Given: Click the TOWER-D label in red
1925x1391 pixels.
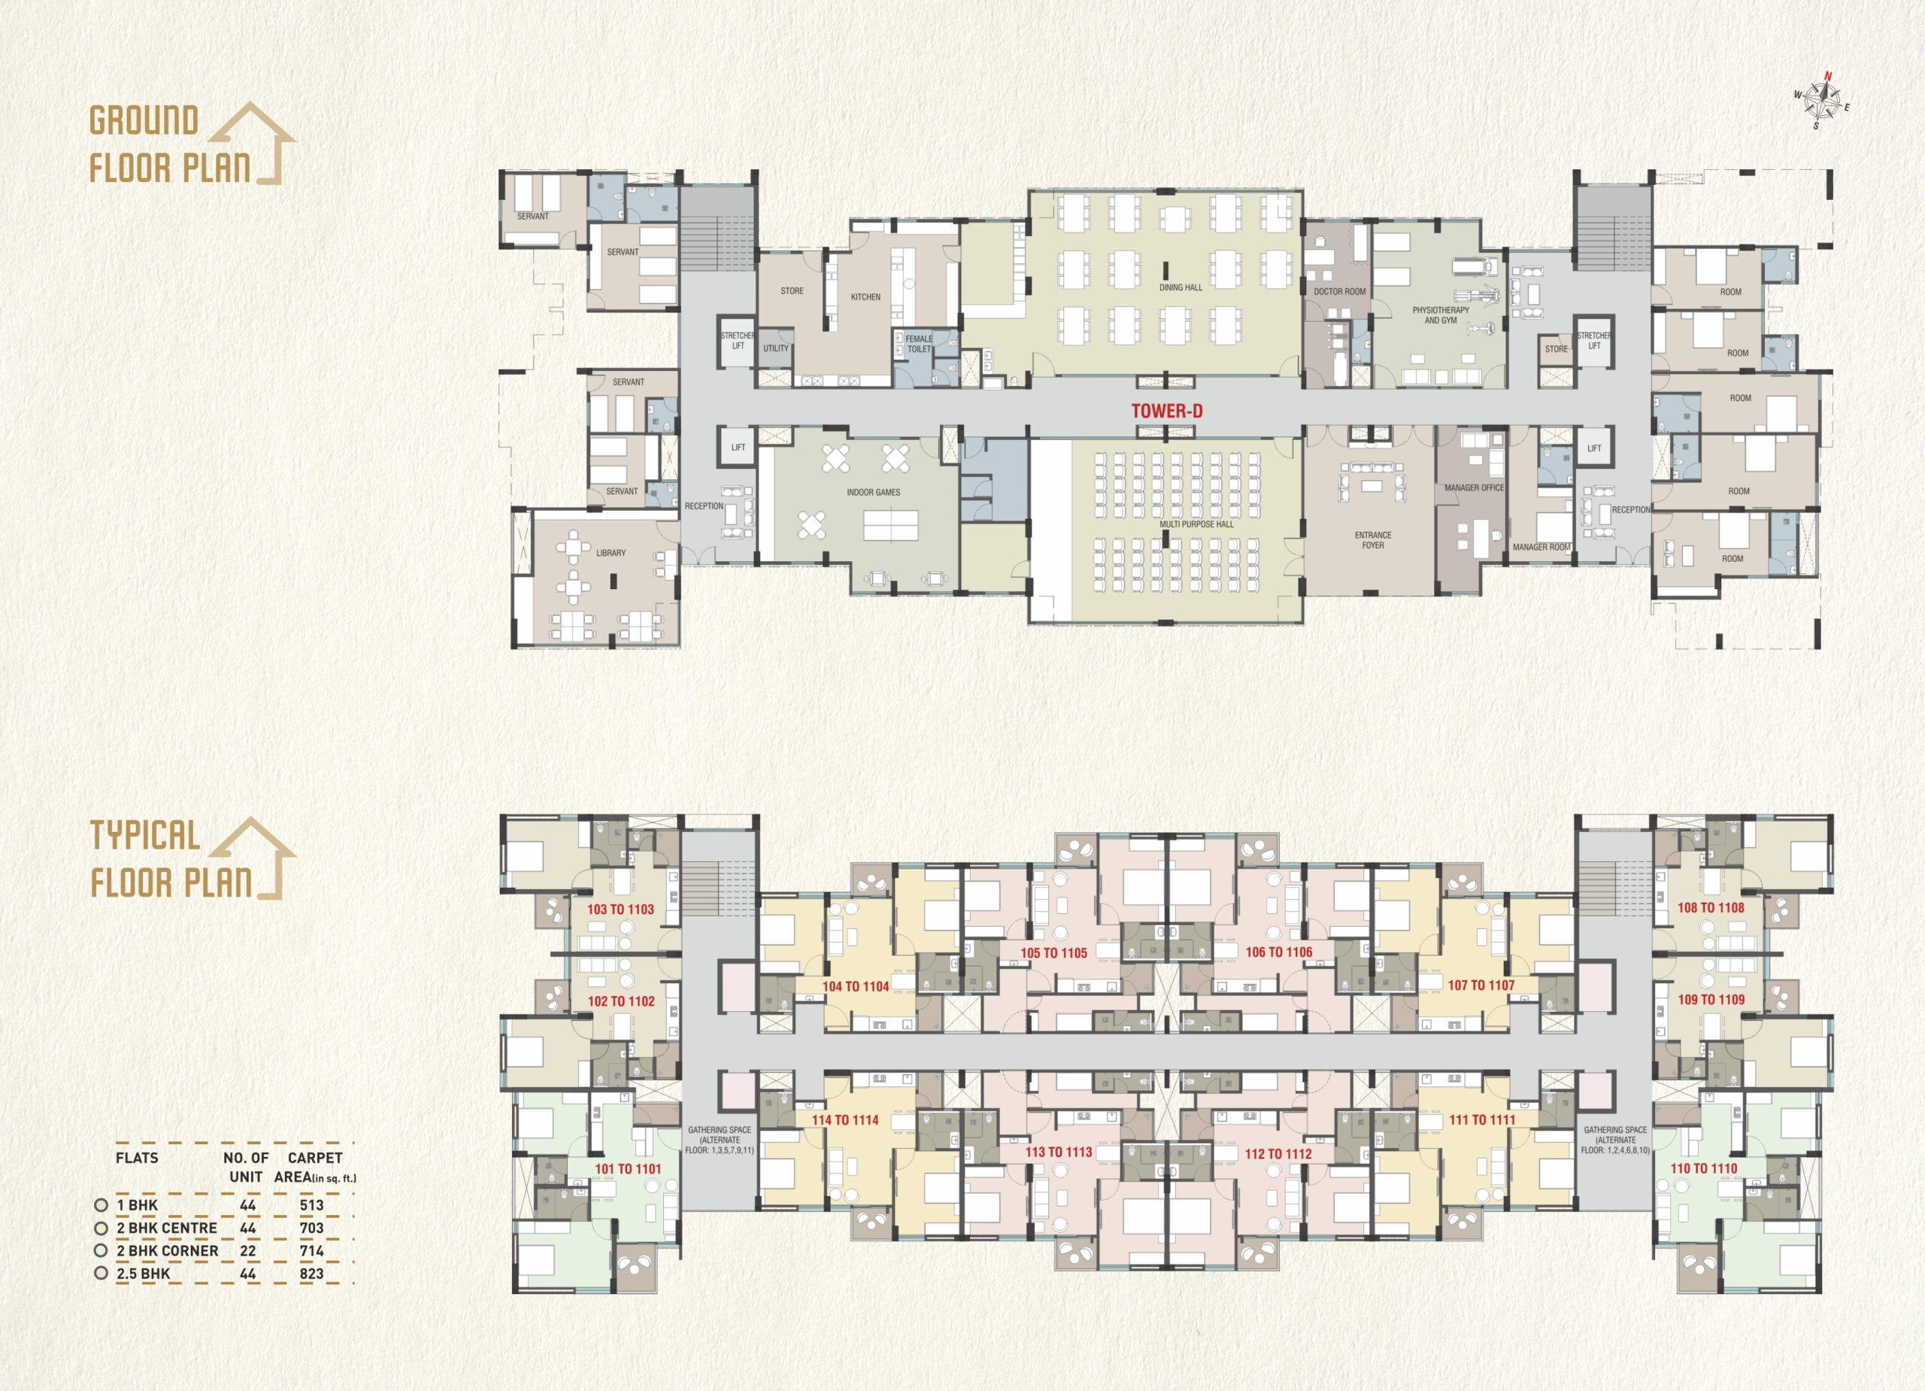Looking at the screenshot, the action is click(1166, 411).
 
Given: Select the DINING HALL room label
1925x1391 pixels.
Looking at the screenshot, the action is click(1181, 288).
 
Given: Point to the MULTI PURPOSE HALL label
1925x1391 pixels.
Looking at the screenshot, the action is click(1197, 524).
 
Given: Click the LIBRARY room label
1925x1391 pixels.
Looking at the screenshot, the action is click(611, 553).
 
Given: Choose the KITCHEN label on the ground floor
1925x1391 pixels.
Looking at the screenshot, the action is click(865, 297).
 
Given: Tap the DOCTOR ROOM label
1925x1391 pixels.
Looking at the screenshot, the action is click(1340, 291).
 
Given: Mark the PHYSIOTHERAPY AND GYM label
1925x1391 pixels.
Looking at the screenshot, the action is click(1440, 315).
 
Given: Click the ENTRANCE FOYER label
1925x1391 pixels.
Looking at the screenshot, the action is click(1373, 540).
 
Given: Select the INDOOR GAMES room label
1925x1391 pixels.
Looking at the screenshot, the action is click(873, 493).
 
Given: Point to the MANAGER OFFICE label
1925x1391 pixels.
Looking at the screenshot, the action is click(1475, 488).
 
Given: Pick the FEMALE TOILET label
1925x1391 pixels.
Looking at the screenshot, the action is click(919, 344).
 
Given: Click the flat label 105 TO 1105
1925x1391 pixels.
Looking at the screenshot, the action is click(1053, 953).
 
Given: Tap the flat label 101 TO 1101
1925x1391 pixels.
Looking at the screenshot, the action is click(628, 1169).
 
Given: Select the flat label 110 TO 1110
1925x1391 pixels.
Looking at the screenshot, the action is click(1703, 1168).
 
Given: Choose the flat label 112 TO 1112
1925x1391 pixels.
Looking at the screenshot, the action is click(1278, 1154).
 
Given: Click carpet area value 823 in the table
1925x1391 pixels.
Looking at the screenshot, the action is click(311, 1274).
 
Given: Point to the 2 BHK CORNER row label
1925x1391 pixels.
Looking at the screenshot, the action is click(167, 1251).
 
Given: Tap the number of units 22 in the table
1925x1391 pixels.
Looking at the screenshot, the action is click(248, 1251).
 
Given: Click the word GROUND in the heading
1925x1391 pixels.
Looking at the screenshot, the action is click(144, 120).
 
